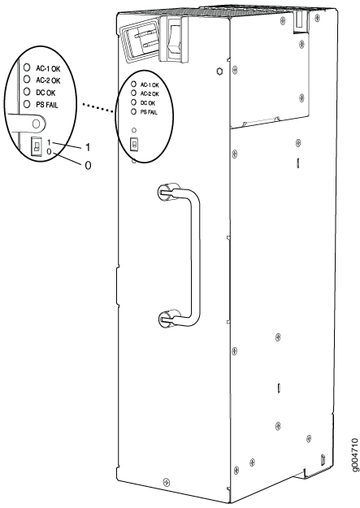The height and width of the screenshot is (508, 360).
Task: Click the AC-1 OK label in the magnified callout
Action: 48,69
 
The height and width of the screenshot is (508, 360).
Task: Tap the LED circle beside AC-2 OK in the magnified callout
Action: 27,79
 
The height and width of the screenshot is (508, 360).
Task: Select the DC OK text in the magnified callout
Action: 46,93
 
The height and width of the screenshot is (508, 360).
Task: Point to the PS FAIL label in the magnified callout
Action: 47,105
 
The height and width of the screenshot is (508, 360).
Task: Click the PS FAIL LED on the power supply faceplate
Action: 133,112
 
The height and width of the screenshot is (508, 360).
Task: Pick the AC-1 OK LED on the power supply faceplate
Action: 133,84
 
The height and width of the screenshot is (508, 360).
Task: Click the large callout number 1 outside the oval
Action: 88,148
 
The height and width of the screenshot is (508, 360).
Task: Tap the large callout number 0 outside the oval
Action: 88,166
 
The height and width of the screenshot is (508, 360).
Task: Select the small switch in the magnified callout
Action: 37,145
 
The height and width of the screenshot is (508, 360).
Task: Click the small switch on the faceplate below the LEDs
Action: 133,145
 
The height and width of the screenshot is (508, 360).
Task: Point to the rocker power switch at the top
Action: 175,39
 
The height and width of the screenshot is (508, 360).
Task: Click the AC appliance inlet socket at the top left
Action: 139,41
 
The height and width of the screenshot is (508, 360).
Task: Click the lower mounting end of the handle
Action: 167,318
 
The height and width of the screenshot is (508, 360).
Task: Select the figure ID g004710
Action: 354,456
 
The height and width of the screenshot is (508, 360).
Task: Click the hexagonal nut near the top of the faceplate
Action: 219,72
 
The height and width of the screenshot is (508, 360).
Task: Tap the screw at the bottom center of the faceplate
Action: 167,481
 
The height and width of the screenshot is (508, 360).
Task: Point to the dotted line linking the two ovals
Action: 98,107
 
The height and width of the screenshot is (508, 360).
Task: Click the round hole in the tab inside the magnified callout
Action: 37,124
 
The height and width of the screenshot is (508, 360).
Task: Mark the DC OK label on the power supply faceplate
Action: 148,103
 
